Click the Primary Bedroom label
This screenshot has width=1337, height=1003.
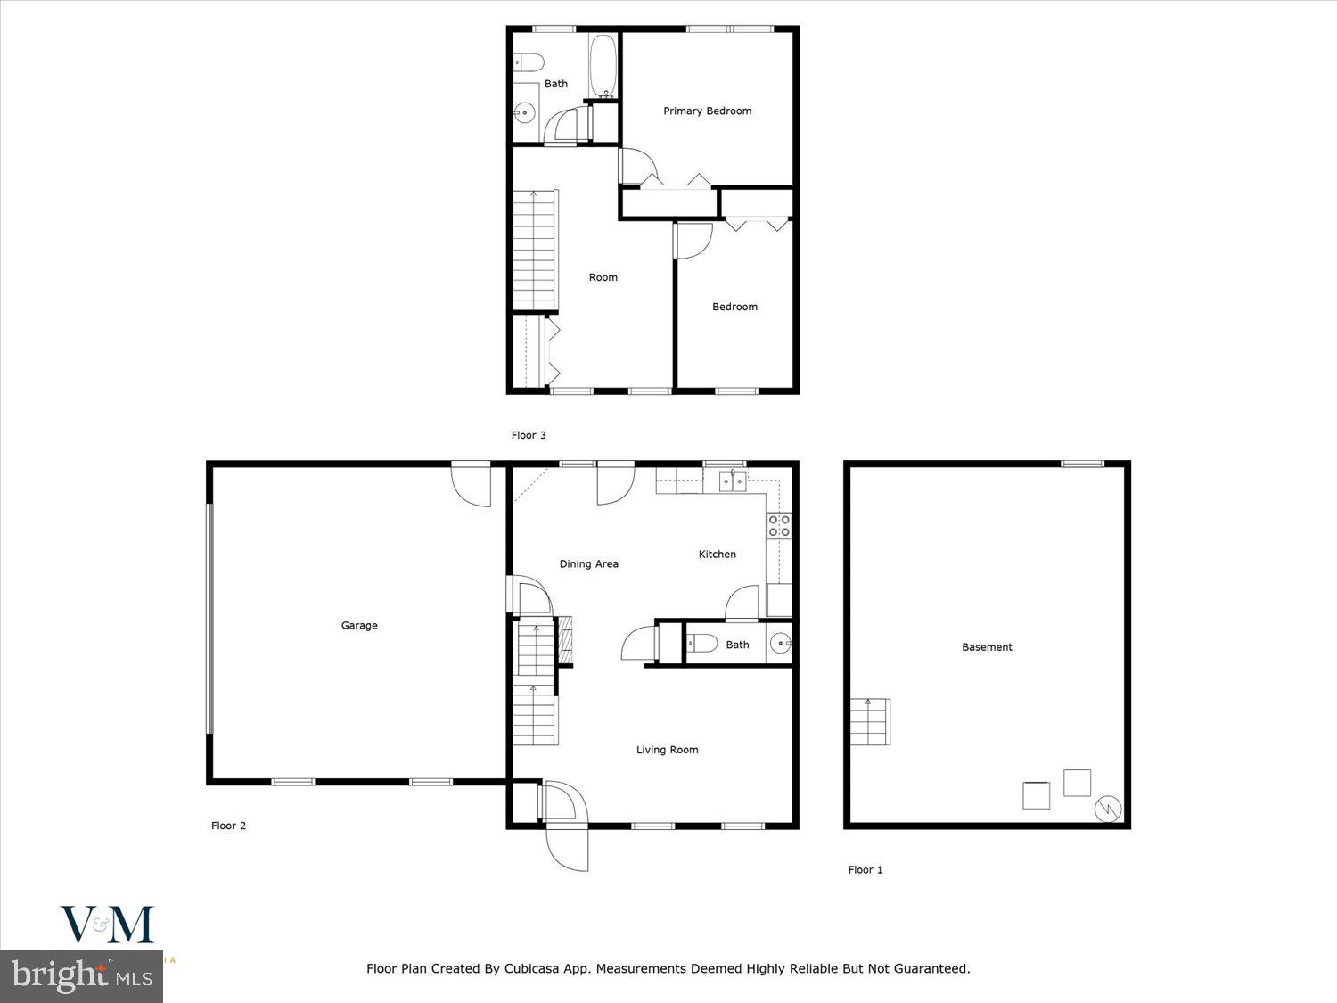(x=707, y=111)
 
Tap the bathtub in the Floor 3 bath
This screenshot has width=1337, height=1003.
(x=603, y=66)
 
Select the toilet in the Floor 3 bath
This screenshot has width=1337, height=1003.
(x=529, y=62)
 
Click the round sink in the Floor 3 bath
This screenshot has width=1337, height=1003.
(x=525, y=112)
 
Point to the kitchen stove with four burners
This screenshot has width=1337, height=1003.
(x=778, y=525)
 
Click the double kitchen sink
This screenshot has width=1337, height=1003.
(x=732, y=481)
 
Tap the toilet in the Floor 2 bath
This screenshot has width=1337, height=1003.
(x=701, y=644)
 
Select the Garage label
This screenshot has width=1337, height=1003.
(x=359, y=625)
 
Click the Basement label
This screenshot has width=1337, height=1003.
(x=987, y=647)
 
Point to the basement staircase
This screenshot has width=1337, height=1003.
(x=869, y=721)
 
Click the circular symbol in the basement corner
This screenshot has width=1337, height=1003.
(x=1108, y=809)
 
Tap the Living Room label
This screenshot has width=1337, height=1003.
(x=667, y=750)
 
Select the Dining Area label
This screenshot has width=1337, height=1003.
(x=588, y=563)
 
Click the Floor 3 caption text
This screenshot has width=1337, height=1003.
(x=529, y=435)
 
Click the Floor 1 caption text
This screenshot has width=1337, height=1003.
(x=865, y=869)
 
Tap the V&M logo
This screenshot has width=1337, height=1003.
(x=106, y=925)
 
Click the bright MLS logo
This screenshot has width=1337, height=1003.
(x=81, y=975)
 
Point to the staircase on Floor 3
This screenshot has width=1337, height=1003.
(x=535, y=250)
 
